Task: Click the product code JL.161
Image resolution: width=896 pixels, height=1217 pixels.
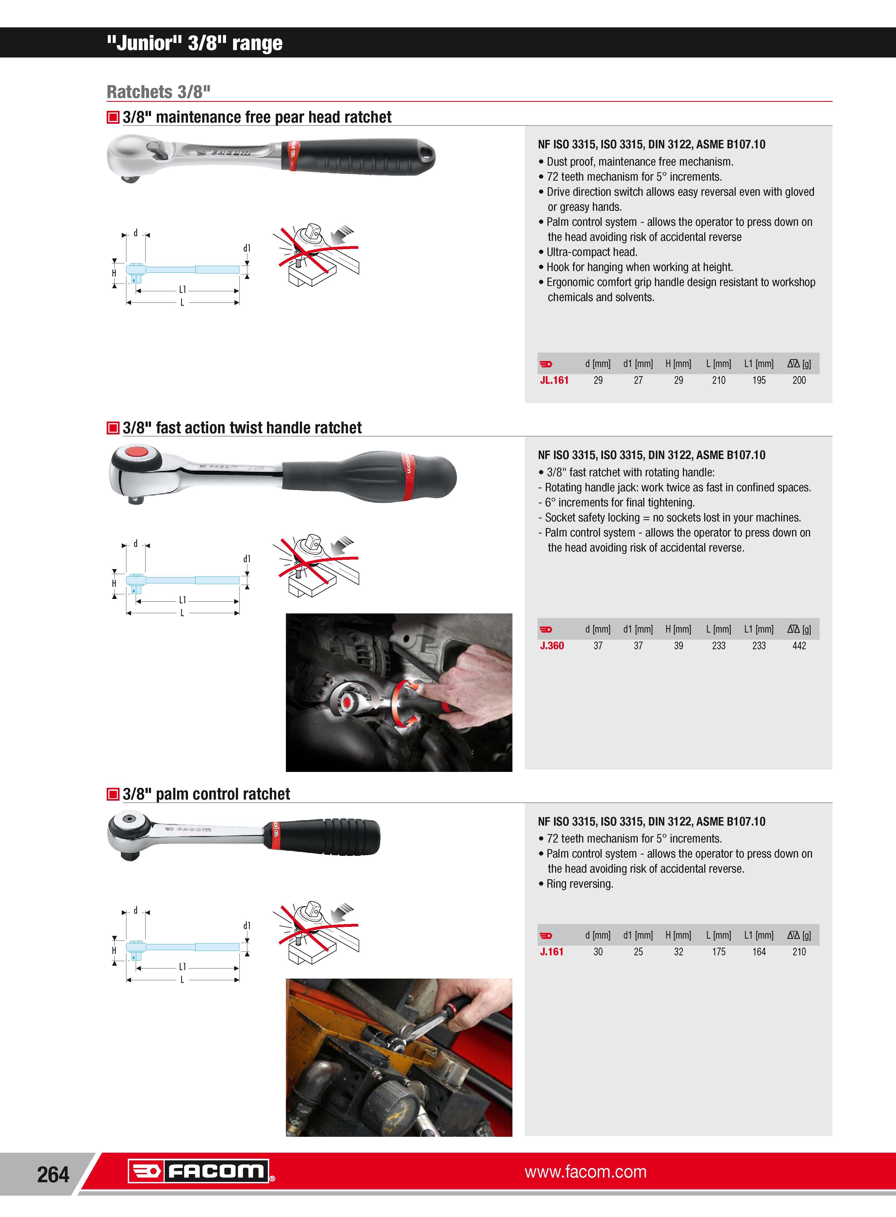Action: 554,380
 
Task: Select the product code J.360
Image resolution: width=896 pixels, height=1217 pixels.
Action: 552,646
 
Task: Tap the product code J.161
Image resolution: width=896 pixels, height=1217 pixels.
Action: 552,952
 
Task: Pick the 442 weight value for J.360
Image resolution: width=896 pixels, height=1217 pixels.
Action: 799,646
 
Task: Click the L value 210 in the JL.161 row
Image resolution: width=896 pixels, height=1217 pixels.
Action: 719,380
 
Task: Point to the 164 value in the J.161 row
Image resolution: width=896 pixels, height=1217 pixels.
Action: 759,952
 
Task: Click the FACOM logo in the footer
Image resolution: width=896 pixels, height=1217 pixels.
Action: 199,1171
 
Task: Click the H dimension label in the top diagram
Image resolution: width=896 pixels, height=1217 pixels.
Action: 114,273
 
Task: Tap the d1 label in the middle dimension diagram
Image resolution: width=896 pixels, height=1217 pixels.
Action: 247,559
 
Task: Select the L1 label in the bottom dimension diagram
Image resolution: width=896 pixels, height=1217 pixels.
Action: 182,967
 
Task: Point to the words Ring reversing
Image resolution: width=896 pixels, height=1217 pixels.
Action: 580,884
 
